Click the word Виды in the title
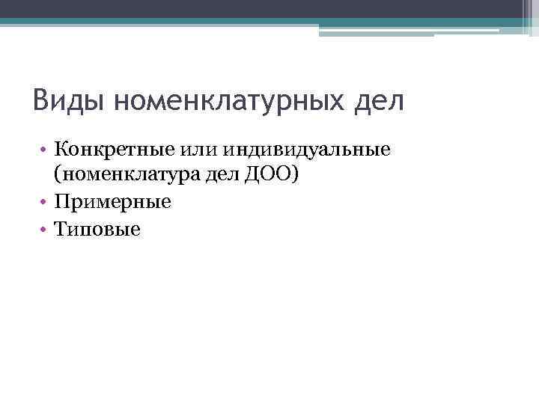tap(70, 100)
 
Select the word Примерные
tap(113, 202)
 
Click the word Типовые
tap(97, 228)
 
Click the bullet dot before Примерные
tap(45, 202)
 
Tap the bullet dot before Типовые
tap(45, 228)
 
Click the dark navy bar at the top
tap(262, 8)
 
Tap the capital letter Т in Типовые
tap(60, 228)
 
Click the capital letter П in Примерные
tap(61, 202)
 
